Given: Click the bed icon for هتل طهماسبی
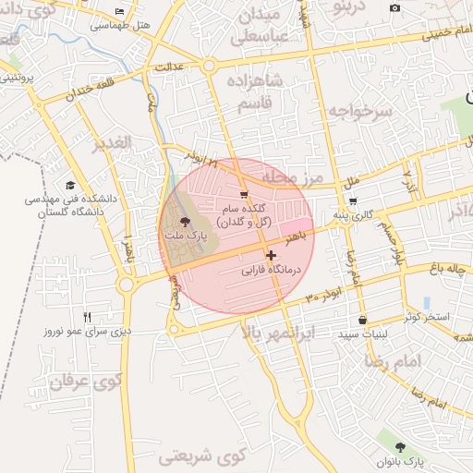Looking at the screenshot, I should pyautogui.click(x=120, y=11).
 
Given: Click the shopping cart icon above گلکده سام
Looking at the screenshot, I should pyautogui.click(x=243, y=194).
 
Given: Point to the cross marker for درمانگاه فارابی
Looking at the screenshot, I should pyautogui.click(x=271, y=256).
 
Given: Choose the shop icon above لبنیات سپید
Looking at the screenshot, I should pyautogui.click(x=361, y=320).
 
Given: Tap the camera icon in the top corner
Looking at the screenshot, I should pyautogui.click(x=395, y=8).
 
